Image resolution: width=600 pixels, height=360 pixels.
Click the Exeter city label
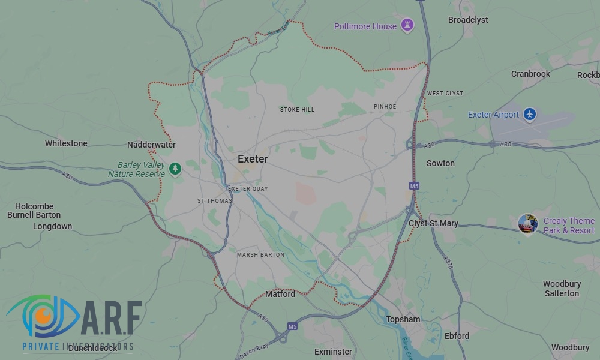coord(253,159)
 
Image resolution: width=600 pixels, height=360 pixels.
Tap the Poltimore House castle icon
coord(408,26)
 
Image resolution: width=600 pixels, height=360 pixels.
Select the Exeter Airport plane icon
coord(529,114)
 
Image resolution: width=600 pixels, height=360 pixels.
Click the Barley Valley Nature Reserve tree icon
coord(175,169)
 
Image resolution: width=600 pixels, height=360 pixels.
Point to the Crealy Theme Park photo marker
coord(527,224)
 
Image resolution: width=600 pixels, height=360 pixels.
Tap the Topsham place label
coord(403,319)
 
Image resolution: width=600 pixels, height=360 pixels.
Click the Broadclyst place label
coord(468,20)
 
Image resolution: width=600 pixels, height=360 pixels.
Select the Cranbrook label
coord(530,74)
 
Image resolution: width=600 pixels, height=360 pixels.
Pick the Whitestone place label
coord(66,143)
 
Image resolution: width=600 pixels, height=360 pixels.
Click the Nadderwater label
coord(151,145)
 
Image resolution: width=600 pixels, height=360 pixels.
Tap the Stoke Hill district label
coord(297,110)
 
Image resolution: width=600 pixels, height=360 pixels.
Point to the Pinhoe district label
coord(385,107)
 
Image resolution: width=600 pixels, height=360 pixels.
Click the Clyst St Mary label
coord(433,223)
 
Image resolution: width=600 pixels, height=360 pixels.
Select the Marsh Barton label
coord(260,255)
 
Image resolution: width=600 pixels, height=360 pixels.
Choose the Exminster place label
coord(333,351)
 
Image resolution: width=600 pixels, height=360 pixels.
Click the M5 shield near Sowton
coord(413,186)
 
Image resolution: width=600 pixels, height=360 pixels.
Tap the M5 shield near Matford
coord(292,326)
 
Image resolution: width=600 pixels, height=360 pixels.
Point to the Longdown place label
coord(52,226)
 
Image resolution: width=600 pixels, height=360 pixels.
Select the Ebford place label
coord(457,336)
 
